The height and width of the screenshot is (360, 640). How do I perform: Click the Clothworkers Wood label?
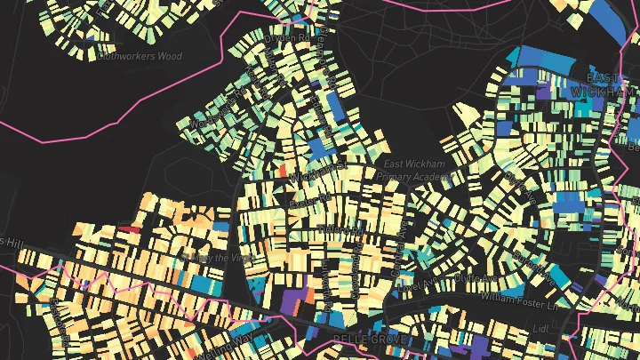tap(140, 56)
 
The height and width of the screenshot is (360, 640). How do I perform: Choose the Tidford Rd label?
tap(340, 229)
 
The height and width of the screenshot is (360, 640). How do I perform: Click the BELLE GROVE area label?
tap(368, 340)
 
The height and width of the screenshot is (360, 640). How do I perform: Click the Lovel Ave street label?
tap(417, 284)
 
